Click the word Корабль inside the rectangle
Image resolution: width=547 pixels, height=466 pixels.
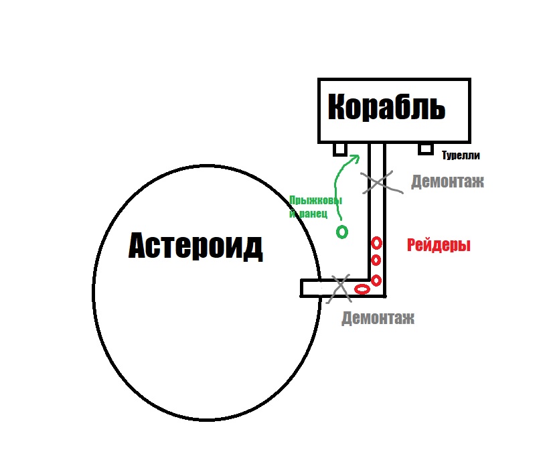tap(386, 107)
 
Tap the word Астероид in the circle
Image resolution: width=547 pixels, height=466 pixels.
tap(196, 246)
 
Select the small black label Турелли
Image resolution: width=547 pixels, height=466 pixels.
tap(461, 155)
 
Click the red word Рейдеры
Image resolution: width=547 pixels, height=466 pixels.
tap(439, 245)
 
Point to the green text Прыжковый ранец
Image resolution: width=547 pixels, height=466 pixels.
tap(315, 207)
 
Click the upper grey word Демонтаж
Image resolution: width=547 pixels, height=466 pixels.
tap(448, 181)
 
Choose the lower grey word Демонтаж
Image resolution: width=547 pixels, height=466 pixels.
tap(378, 318)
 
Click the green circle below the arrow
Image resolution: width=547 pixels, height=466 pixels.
tap(342, 232)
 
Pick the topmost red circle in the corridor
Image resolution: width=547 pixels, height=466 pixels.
tap(376, 243)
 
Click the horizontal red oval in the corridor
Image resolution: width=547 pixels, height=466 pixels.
tap(362, 289)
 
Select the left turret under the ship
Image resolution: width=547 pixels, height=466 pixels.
tap(339, 149)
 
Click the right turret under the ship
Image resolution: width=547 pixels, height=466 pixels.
tap(426, 149)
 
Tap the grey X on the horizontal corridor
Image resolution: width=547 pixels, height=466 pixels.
tap(339, 288)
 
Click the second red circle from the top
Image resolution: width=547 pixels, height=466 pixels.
tap(376, 260)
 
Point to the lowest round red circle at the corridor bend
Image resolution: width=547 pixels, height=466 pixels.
tap(376, 281)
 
